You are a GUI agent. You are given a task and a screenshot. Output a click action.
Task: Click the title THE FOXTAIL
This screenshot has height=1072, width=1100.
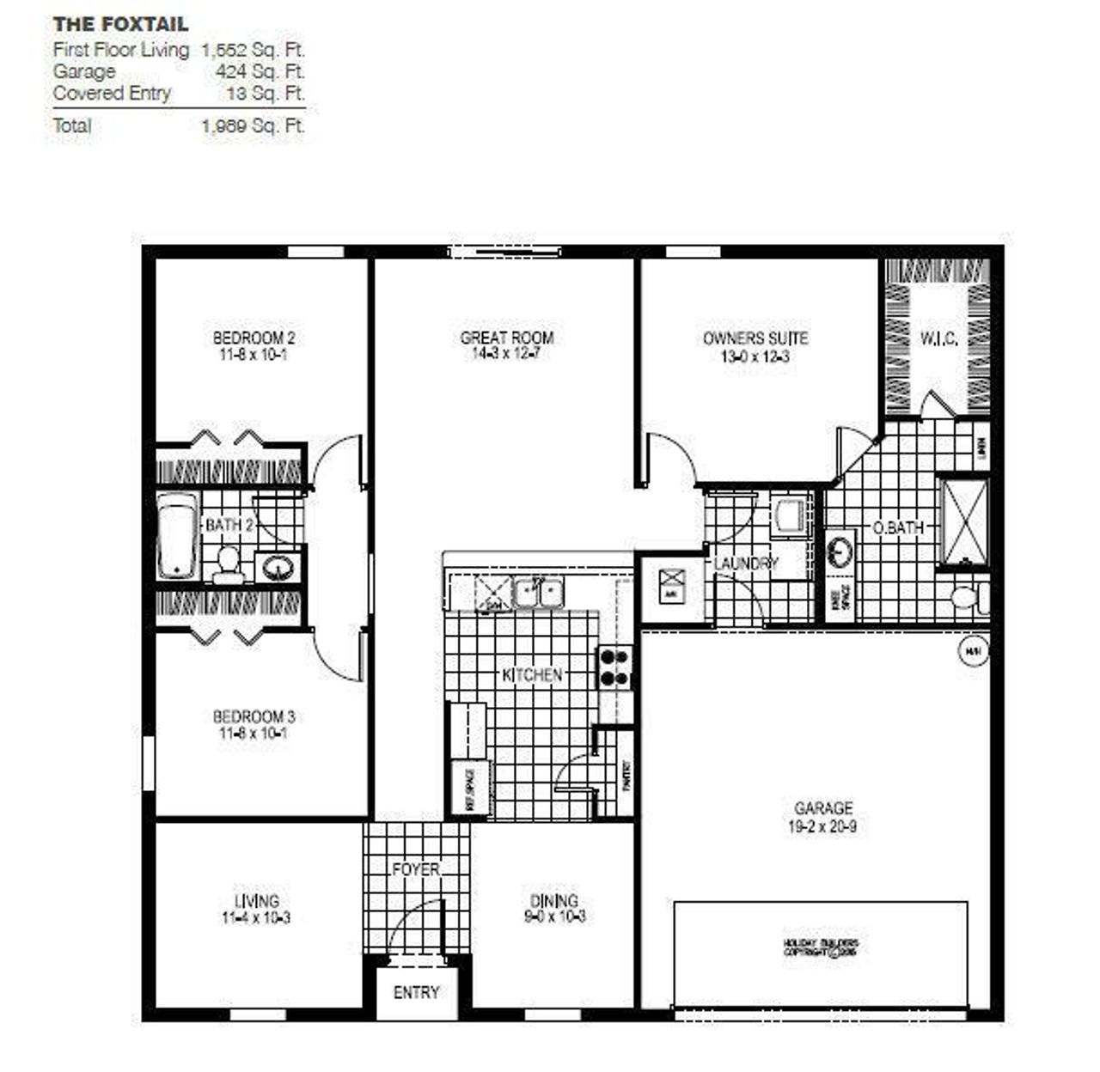(120, 24)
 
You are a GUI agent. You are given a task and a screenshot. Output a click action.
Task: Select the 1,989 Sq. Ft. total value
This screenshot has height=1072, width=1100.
(253, 125)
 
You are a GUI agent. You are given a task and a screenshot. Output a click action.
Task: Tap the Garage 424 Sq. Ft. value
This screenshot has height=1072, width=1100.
(260, 71)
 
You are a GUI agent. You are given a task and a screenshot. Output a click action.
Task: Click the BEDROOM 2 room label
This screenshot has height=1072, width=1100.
(254, 338)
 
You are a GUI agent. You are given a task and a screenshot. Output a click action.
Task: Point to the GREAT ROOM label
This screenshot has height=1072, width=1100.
(506, 338)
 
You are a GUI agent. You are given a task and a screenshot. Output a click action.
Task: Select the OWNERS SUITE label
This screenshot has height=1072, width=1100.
(755, 338)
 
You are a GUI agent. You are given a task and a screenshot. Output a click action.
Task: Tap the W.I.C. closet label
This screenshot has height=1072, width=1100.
(938, 339)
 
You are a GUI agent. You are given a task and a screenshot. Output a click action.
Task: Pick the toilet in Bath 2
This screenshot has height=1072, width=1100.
(228, 563)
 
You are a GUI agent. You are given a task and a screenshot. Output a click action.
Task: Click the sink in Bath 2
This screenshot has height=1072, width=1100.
(278, 568)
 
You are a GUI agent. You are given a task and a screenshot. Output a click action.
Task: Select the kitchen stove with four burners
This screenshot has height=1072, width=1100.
(614, 667)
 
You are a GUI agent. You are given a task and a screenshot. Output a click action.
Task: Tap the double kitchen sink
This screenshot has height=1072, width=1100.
(538, 593)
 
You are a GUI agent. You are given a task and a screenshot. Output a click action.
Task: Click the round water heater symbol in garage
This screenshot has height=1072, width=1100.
(973, 652)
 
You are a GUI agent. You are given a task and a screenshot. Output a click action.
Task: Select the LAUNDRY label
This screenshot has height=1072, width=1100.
(745, 563)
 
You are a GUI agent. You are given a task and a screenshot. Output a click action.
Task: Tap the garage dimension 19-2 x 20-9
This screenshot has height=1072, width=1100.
(823, 828)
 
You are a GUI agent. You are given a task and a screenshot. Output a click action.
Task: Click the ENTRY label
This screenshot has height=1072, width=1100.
(416, 992)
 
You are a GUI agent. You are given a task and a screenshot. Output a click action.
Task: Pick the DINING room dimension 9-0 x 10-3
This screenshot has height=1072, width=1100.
(553, 917)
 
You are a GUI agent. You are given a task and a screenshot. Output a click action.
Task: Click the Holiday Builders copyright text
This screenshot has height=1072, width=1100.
(821, 947)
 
